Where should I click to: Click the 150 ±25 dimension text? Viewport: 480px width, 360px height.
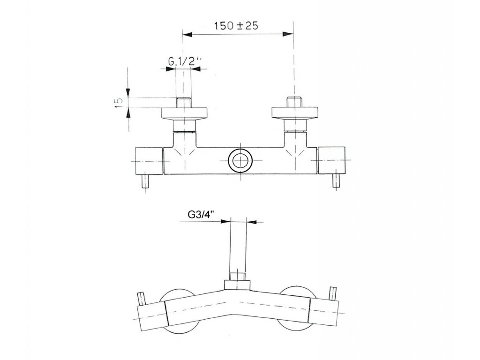tap(236, 26)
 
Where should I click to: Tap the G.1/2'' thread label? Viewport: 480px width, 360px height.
tap(185, 62)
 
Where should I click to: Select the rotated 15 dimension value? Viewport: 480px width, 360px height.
tap(119, 102)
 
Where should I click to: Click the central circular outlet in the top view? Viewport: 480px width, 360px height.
tap(240, 160)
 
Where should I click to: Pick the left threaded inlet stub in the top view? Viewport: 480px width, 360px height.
tap(183, 103)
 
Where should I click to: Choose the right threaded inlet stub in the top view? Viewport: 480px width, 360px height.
tap(294, 102)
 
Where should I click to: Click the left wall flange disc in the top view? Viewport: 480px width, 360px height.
tap(185, 113)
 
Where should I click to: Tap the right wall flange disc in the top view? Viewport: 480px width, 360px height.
tap(295, 112)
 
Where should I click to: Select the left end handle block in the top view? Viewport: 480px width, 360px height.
tap(149, 160)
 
